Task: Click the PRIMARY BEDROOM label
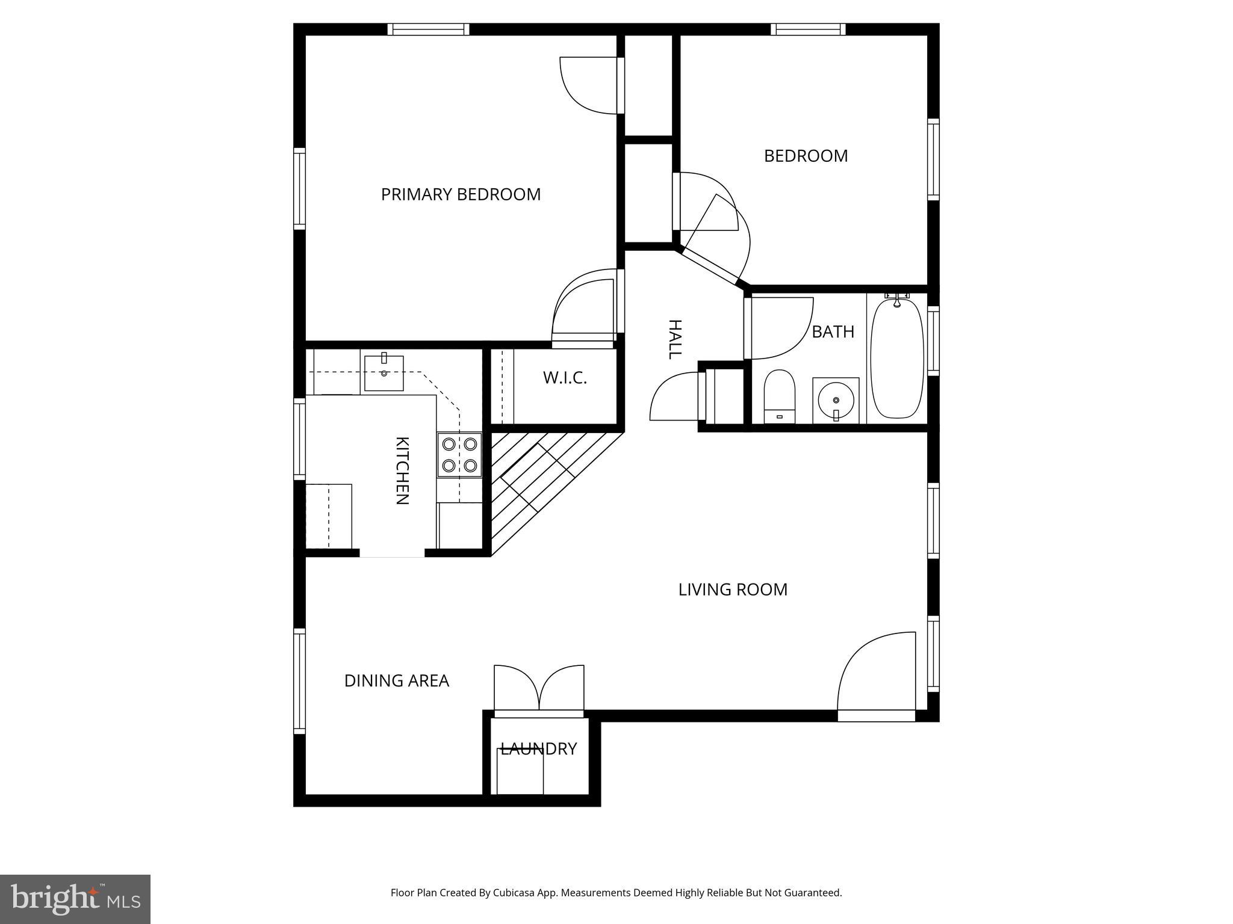(461, 194)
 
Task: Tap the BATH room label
(833, 331)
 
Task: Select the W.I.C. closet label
(564, 378)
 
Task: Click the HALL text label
(675, 339)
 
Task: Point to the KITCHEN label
(402, 470)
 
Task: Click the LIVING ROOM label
(733, 590)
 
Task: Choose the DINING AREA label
(396, 680)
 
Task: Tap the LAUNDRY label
(539, 748)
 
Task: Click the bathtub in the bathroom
(896, 359)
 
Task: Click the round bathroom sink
(836, 400)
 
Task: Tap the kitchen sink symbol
(384, 373)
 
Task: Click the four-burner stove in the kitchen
(459, 455)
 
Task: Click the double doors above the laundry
(539, 689)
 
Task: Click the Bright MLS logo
(75, 899)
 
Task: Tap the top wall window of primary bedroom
(427, 29)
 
